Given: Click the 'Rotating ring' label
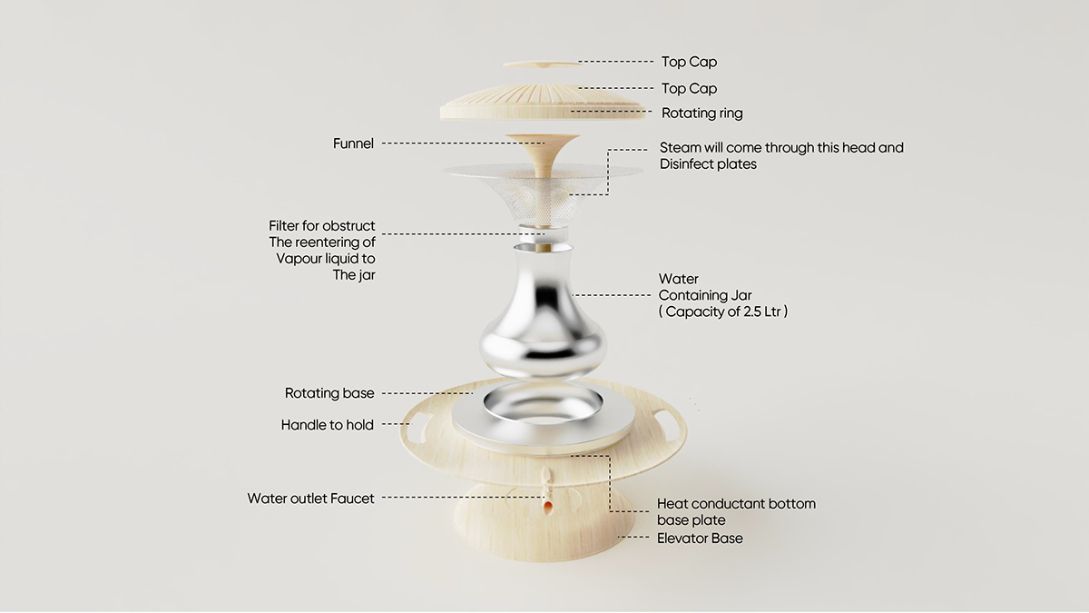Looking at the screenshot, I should click(x=701, y=114).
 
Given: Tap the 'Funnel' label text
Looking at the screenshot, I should click(x=353, y=143).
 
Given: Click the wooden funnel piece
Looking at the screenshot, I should click(x=544, y=154).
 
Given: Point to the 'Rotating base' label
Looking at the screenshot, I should click(x=329, y=393).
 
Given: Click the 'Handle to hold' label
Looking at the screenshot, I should click(x=327, y=425).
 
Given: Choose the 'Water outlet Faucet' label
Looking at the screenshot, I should click(x=310, y=499).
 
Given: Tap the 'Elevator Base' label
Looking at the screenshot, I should click(x=700, y=539).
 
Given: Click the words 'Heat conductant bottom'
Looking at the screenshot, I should click(x=736, y=504).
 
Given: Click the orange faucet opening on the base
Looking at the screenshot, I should click(x=547, y=502).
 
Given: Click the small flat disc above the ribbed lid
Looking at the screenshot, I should click(x=542, y=64).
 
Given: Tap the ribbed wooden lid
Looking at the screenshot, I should click(x=543, y=103).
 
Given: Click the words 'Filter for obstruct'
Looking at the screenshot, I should click(x=321, y=226).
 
